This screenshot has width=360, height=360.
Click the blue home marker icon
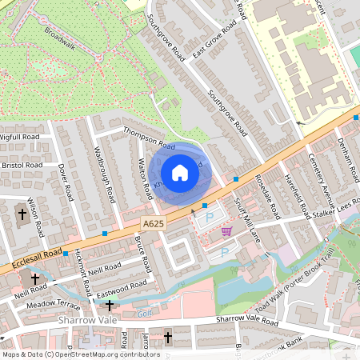tap(180, 173)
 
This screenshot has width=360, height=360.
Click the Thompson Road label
tap(148, 139)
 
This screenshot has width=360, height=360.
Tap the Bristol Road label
tap(22, 165)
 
